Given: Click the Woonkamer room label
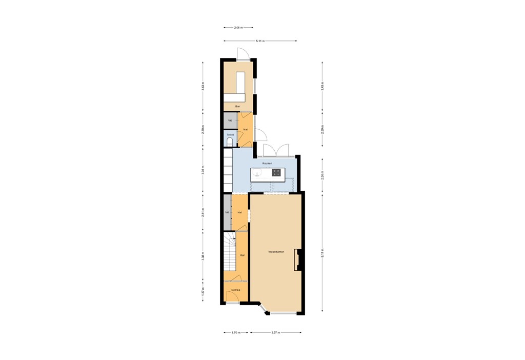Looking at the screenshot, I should (276, 252).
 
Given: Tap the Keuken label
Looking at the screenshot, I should (264, 163).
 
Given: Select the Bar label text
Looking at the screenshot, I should (237, 106).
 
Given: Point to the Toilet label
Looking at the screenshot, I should (230, 134).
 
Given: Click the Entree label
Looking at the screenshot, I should (236, 290).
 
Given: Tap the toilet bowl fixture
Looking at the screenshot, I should (229, 142).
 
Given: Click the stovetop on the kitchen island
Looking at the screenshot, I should (276, 173).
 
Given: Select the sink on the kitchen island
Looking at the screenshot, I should (257, 173).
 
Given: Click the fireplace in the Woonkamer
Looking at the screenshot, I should (296, 259).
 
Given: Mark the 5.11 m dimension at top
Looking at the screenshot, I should (260, 41).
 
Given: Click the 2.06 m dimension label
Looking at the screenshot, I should (238, 28).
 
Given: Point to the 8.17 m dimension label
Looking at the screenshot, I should (322, 253).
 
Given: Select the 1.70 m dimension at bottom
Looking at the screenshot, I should (236, 332).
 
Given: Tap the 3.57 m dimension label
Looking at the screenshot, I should (275, 332).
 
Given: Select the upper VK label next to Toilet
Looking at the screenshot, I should (230, 121).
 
